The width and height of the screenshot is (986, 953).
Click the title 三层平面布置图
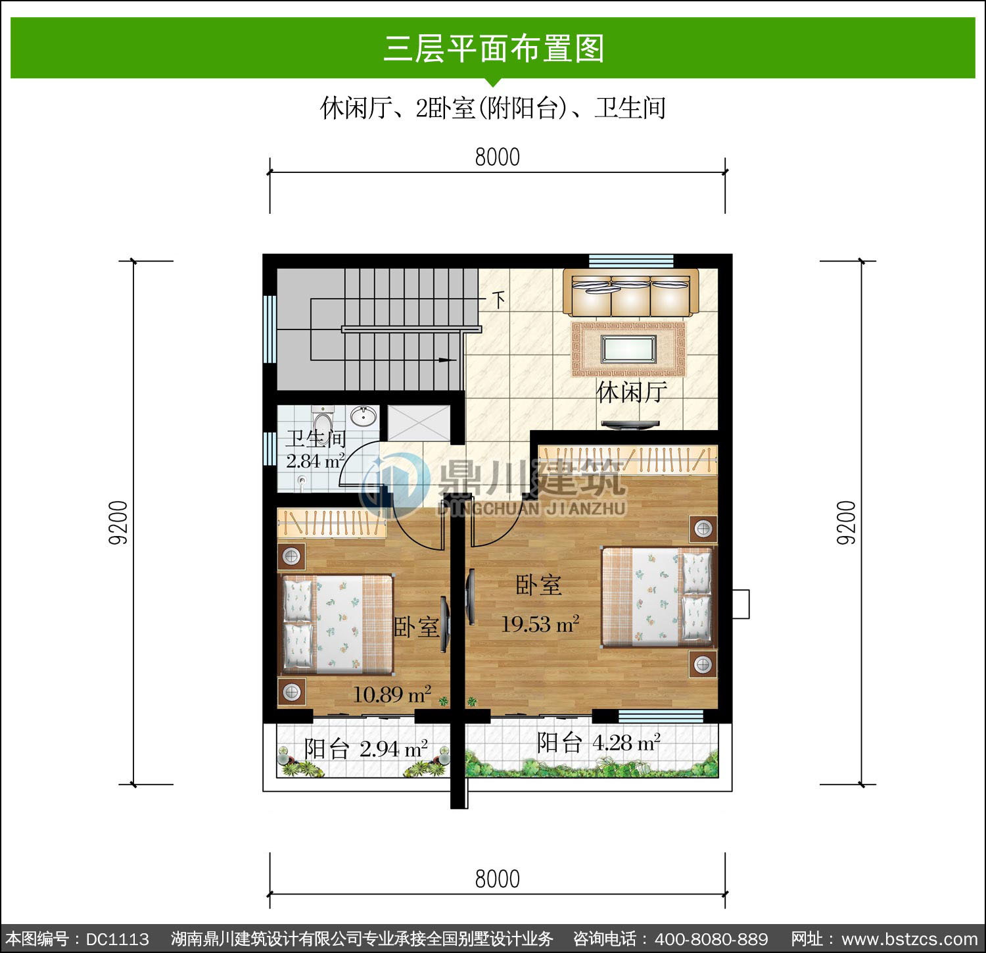coord(494,49)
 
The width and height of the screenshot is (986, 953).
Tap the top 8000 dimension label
coord(497,157)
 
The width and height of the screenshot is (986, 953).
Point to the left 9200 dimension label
coord(118,523)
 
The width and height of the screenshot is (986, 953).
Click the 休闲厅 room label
coord(632,392)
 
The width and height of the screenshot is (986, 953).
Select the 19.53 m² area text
coord(540,623)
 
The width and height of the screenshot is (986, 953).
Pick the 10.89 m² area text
coord(392,694)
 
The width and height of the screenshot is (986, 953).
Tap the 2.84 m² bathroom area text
coord(316,460)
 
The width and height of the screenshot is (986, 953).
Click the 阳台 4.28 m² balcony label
coord(598,743)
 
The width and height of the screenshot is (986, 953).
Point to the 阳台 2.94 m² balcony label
coord(366,748)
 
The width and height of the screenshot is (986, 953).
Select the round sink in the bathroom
coord(363,415)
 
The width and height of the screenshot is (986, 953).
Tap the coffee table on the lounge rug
coord(628,349)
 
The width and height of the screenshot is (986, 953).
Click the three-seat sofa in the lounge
coord(630,293)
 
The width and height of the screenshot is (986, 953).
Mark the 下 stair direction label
coord(500,300)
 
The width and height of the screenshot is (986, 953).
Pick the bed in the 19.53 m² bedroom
coord(657,597)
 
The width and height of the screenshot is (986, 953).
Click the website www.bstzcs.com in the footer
coord(910,939)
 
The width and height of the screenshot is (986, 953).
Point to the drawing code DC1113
coord(118,939)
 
